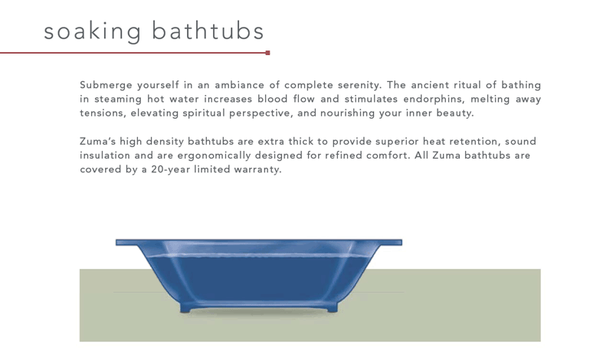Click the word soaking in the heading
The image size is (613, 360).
tap(92, 31)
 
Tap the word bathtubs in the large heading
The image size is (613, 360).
tap(208, 31)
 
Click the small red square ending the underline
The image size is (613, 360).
tap(267, 53)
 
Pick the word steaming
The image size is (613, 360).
tap(118, 100)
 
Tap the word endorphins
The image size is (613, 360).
tap(434, 100)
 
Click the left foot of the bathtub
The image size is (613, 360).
tap(185, 309)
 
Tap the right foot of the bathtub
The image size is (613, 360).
tap(332, 309)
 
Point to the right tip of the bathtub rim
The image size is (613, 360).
tap(402, 243)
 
